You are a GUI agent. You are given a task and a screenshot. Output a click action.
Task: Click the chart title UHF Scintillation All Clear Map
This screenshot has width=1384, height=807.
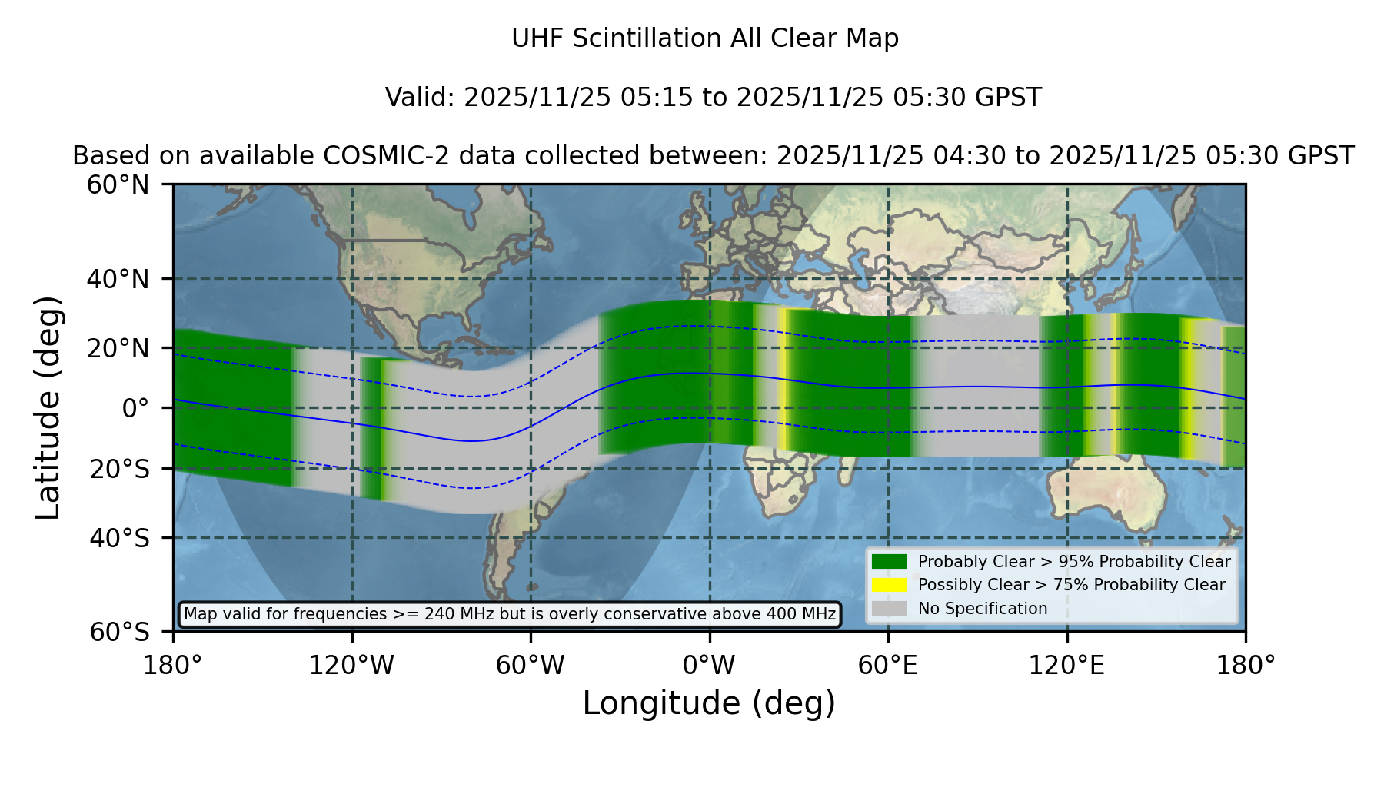[705, 38]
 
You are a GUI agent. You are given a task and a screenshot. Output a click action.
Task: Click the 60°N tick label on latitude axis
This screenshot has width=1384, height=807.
[118, 185]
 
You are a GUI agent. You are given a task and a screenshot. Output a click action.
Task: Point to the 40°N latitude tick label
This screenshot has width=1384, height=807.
[118, 279]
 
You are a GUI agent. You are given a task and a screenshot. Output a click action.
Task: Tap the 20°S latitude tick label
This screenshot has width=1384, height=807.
[119, 469]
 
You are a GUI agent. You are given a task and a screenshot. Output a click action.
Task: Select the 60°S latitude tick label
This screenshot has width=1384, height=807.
[119, 633]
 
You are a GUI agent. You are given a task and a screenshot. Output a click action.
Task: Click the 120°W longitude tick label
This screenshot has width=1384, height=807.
[351, 666]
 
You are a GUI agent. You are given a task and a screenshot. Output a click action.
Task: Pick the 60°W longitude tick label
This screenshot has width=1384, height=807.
[531, 666]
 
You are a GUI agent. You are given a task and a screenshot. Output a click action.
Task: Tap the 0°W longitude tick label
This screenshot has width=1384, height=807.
[709, 666]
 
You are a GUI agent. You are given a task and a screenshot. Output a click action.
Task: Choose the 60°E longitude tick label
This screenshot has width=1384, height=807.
[888, 666]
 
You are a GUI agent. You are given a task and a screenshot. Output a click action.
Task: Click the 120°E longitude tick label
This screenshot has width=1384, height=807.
[1067, 666]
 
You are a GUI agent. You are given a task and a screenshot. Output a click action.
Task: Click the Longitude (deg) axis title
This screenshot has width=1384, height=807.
[709, 704]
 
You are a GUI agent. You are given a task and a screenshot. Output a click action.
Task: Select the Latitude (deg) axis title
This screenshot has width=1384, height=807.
[48, 407]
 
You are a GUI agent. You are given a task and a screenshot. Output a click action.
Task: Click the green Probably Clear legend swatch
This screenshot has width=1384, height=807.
[889, 562]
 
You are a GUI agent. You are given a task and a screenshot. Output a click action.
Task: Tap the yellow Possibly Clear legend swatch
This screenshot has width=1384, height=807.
[889, 585]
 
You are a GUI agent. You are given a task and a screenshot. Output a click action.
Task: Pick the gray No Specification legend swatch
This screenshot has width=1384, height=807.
[889, 609]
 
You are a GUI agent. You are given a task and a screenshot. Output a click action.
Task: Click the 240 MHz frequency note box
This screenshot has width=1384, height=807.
[510, 614]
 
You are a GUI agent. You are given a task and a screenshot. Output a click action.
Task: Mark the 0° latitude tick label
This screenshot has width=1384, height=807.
[135, 408]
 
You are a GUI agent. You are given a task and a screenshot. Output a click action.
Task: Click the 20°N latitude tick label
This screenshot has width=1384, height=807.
[118, 348]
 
